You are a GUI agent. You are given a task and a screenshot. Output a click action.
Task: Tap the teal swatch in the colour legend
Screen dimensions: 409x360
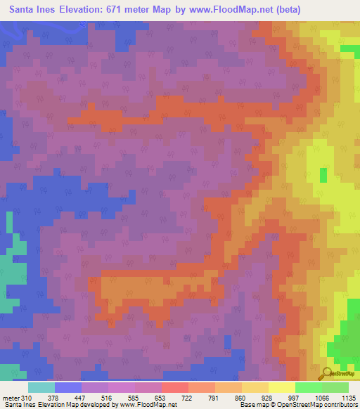click(x=41, y=387)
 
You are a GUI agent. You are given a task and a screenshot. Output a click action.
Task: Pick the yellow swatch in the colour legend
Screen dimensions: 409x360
click(x=282, y=387)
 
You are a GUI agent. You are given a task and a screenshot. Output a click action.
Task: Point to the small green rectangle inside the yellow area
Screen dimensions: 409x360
click(x=323, y=175)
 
